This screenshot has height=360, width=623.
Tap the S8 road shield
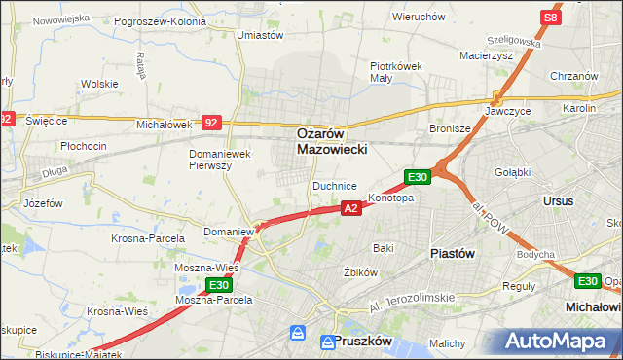pyautogui.click(x=551, y=18)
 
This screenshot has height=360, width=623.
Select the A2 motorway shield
pyautogui.click(x=351, y=207)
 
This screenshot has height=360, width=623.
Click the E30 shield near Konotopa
pyautogui.click(x=417, y=176)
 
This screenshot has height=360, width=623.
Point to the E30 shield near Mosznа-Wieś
pyautogui.click(x=219, y=285)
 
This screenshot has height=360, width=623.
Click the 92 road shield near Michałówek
pyautogui.click(x=212, y=123)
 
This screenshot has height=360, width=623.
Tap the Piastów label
pyautogui.click(x=452, y=253)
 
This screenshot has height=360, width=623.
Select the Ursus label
pyautogui.click(x=560, y=200)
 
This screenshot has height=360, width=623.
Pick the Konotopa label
pyautogui.click(x=391, y=198)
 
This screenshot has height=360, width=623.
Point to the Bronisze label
pyautogui.click(x=450, y=128)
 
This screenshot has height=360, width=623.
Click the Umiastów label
pyautogui.click(x=260, y=35)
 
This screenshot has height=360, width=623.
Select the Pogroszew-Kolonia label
pyautogui.click(x=160, y=20)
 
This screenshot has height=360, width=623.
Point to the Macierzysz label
pyautogui.click(x=486, y=55)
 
